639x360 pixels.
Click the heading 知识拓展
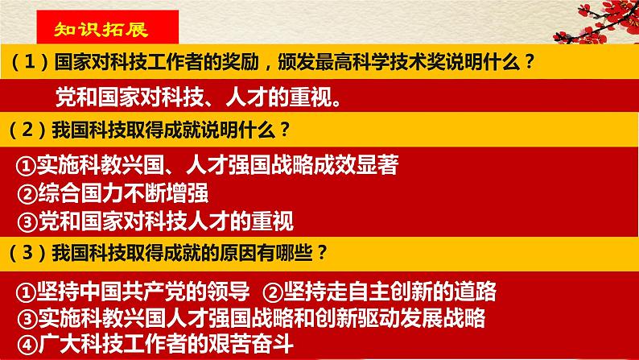[x=95, y=30]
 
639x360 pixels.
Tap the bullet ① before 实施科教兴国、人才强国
[x=27, y=165]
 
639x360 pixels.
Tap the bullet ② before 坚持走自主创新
[x=274, y=291]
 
